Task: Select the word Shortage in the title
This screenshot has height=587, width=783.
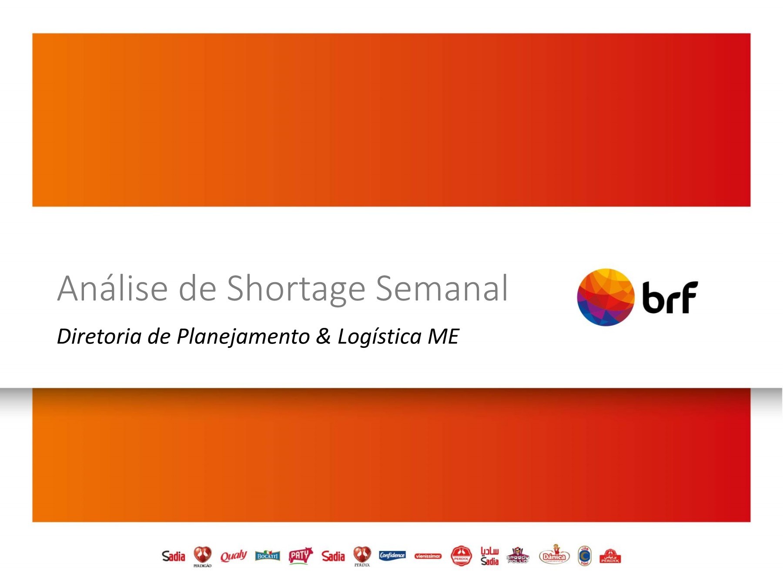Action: point(296,288)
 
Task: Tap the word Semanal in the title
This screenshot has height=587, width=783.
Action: point(442,288)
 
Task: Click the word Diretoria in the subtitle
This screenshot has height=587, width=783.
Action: point(99,337)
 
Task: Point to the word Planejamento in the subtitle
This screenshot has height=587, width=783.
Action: point(243,337)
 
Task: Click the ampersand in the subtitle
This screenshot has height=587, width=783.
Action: point(323,337)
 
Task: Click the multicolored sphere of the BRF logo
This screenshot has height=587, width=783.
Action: point(605,297)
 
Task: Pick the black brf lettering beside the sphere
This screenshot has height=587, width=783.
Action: point(669,297)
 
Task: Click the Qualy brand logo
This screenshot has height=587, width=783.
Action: point(233,556)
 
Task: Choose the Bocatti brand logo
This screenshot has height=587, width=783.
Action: point(267,556)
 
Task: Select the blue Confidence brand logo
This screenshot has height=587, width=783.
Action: point(392,556)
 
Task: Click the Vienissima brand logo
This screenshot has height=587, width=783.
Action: point(428,556)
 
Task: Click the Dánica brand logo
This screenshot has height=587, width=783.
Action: point(554,556)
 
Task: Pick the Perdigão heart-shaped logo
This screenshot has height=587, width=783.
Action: point(202,556)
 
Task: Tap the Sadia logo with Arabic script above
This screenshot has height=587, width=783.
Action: point(489,556)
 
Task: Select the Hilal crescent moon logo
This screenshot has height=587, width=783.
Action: point(585,556)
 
